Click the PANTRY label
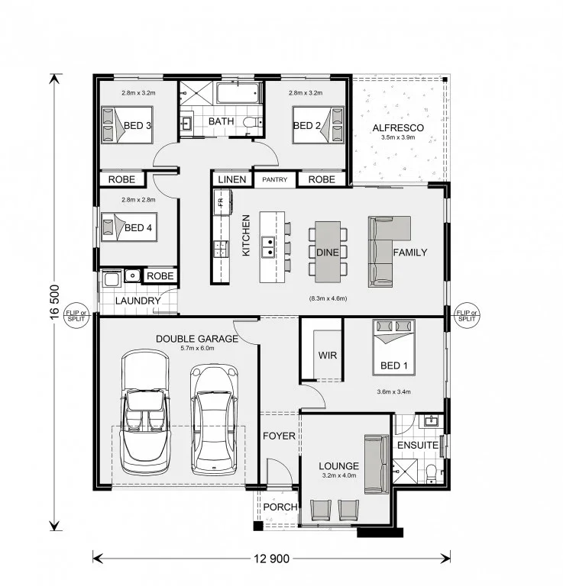pos(274,180)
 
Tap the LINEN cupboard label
pos(232,180)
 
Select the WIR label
pos(327,355)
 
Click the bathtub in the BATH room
pos(237,93)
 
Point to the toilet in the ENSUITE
pos(432,473)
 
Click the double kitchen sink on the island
pos(268,247)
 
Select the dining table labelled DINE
pos(328,252)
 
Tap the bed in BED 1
pos(393,347)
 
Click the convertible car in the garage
pos(145,412)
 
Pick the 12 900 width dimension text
pos(272,559)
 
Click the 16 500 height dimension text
pos(54,302)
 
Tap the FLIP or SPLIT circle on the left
pos(76,316)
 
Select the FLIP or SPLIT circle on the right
pos(467,316)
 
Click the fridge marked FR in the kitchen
pos(221,202)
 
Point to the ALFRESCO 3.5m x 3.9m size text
pos(398,137)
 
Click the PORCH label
pos(280,507)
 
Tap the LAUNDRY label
pos(138,301)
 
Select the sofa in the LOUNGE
pos(377,464)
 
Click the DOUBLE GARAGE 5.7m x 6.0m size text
pos(198,348)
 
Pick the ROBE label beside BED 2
pos(322,180)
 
